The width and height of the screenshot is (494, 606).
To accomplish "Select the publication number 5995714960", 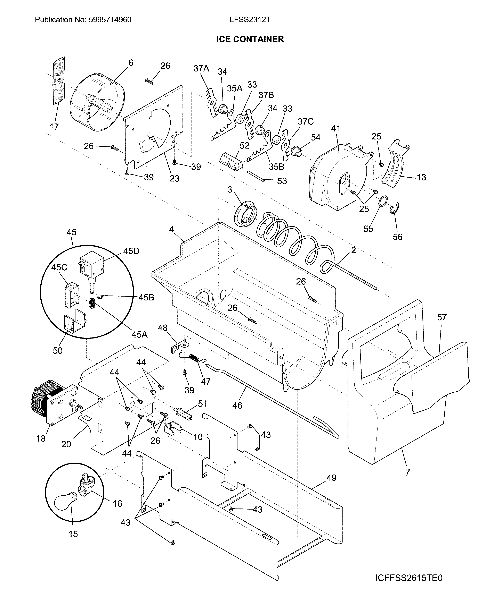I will pos(110,20).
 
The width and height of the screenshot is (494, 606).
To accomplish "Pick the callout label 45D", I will pos(131,251).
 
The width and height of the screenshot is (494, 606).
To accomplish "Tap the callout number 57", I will pos(442,317).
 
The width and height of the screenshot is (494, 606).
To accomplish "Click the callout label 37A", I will pos(201,68).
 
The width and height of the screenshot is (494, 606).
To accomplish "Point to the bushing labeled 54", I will pos(296,151).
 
